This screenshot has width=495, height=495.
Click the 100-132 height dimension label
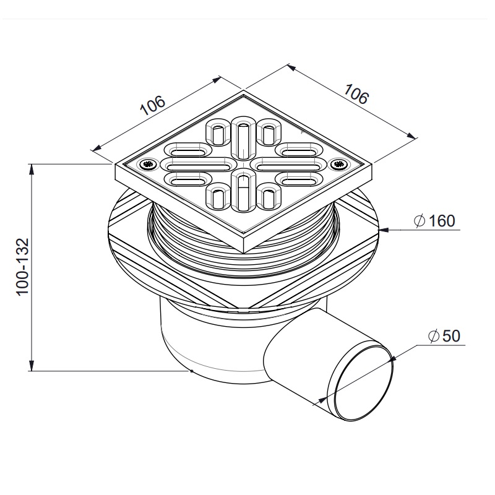pyautogui.click(x=23, y=267)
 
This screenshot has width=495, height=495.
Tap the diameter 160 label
pyautogui.click(x=435, y=221)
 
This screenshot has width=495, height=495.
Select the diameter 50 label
pyautogui.click(x=444, y=335)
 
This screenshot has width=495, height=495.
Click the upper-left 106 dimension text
pyautogui.click(x=152, y=105)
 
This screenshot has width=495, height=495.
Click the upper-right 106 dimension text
pyautogui.click(x=356, y=94)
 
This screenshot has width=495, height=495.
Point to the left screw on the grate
pyautogui.click(x=147, y=164)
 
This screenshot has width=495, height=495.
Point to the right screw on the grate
pyautogui.click(x=340, y=164)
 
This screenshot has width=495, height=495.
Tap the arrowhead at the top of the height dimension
pyautogui.click(x=31, y=170)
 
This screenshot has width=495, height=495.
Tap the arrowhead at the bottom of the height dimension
pyautogui.click(x=31, y=365)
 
